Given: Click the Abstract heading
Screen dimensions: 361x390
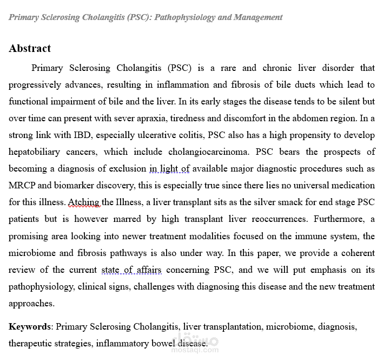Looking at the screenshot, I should click(x=30, y=49).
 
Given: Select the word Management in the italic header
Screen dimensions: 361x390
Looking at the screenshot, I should click(x=257, y=17).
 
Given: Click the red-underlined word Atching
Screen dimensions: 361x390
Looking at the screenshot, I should click(x=83, y=202).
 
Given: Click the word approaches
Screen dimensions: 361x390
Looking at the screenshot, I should click(x=31, y=303).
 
